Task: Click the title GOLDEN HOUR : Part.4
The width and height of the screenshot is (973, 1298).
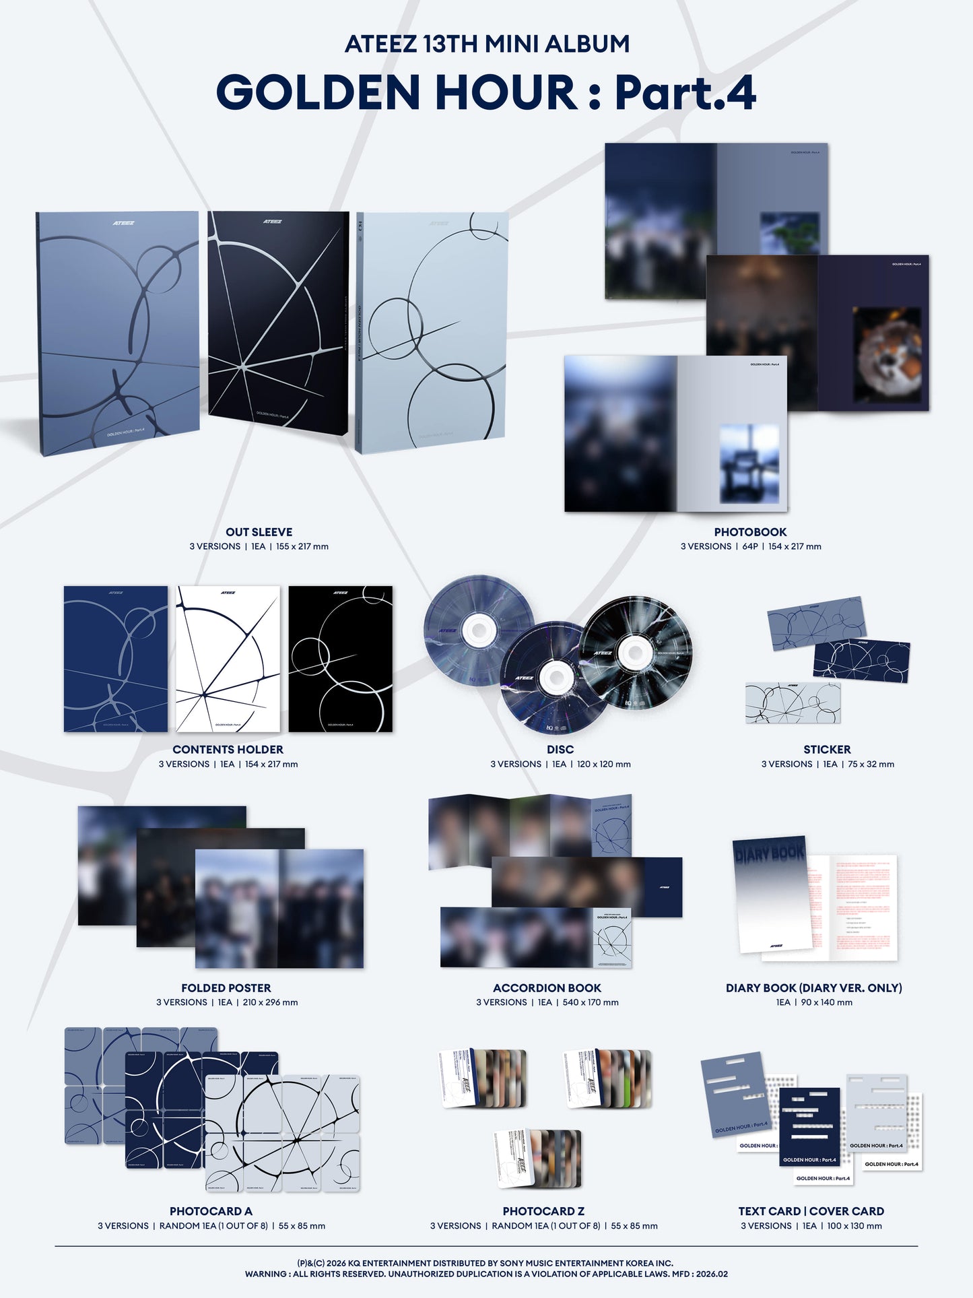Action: (x=486, y=92)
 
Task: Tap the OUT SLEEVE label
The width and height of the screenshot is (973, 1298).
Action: (x=259, y=532)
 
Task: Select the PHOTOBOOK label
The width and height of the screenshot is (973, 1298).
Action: (x=750, y=532)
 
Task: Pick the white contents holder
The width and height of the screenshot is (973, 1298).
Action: (x=228, y=659)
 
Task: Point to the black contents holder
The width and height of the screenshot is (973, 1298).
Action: (x=341, y=659)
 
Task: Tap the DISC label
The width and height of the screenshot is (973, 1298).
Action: (x=560, y=750)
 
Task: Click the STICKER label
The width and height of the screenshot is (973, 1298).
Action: (x=827, y=750)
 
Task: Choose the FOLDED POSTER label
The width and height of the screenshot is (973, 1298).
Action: (x=226, y=988)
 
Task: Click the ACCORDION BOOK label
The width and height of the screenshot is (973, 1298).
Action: (x=547, y=988)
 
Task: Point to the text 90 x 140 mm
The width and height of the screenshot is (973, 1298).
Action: (x=827, y=1003)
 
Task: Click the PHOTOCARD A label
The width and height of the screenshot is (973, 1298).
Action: (x=211, y=1211)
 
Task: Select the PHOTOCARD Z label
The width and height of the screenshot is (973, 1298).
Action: (x=543, y=1211)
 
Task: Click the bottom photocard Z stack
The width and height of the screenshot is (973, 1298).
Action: (x=539, y=1159)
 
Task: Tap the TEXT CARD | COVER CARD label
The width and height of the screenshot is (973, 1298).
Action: (x=811, y=1211)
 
